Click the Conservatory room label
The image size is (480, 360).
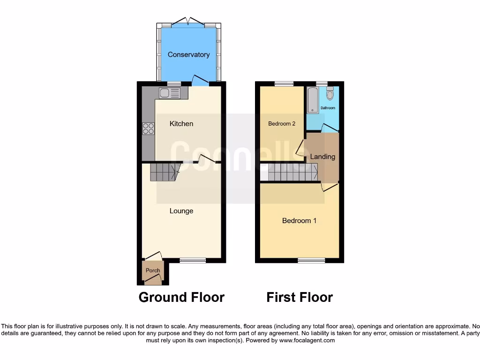pyautogui.click(x=188, y=55)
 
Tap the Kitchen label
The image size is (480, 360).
pyautogui.click(x=181, y=124)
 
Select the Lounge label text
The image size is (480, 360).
pyautogui.click(x=181, y=211)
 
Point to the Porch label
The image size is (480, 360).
pyautogui.click(x=153, y=270)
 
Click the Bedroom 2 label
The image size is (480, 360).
pyautogui.click(x=282, y=124)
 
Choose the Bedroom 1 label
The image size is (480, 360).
pyautogui.click(x=299, y=220)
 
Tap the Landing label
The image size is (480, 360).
pyautogui.click(x=322, y=157)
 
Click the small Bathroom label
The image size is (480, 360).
pyautogui.click(x=328, y=108)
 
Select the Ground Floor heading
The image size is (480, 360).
pyautogui.click(x=181, y=297)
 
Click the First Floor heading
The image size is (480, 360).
pyautogui.click(x=300, y=297)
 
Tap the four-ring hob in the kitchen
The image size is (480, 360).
pyautogui.click(x=149, y=128)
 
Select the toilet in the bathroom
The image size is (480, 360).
pyautogui.click(x=330, y=95)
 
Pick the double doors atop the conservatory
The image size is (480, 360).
pyautogui.click(x=188, y=22)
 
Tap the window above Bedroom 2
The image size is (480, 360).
pyautogui.click(x=284, y=84)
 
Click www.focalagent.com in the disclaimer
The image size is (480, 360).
pyautogui.click(x=307, y=341)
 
